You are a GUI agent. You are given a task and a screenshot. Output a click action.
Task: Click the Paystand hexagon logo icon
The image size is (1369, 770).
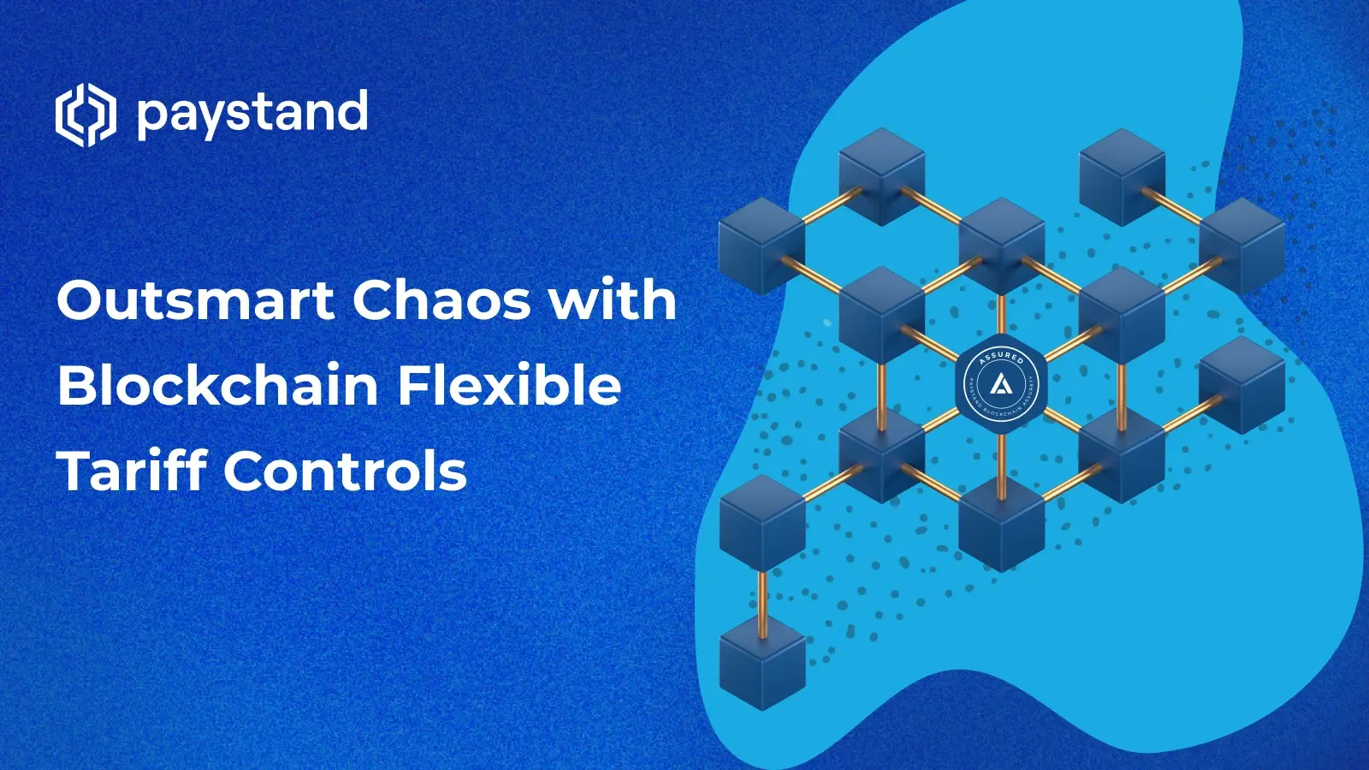[x=85, y=115]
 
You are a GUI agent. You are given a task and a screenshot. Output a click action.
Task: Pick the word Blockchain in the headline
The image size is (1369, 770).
[x=218, y=385]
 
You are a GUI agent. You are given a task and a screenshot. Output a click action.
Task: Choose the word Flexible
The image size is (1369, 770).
[x=509, y=385]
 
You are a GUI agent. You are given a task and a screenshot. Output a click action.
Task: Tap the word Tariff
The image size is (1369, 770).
[x=132, y=471]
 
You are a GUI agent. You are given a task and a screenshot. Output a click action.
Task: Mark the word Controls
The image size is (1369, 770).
[x=346, y=471]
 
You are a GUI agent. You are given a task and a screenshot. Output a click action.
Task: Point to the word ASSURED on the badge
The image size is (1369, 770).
[x=1001, y=357]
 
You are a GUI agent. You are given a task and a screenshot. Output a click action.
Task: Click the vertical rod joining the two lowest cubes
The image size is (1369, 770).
[x=762, y=602]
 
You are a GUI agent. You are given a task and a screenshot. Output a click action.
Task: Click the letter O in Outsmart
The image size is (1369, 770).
[x=79, y=300]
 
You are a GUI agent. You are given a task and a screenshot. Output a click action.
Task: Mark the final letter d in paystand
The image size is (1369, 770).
[x=353, y=111]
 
